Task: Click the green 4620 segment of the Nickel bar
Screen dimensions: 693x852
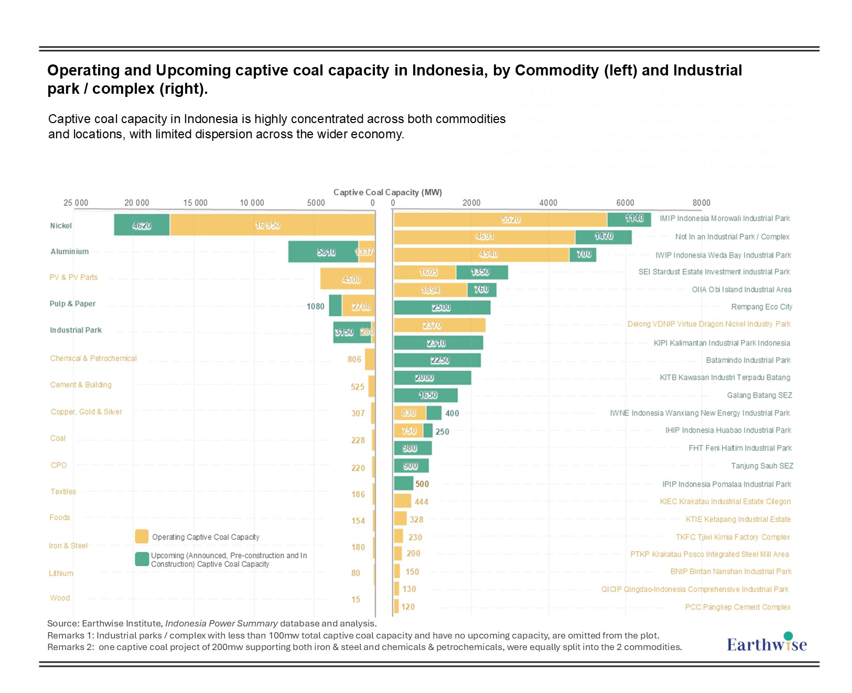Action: [x=142, y=225]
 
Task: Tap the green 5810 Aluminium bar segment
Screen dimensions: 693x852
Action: [x=323, y=252]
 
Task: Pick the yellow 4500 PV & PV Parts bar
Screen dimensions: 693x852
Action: [x=348, y=279]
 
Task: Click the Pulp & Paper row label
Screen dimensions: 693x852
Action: [x=72, y=304]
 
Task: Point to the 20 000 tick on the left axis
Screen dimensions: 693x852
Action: [x=136, y=203]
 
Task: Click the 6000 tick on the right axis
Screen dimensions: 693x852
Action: [x=625, y=203]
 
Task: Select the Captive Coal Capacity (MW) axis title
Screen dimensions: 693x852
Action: [x=387, y=192]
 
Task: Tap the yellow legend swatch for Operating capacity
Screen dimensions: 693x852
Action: [x=142, y=536]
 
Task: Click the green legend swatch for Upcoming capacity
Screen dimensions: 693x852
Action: [x=142, y=559]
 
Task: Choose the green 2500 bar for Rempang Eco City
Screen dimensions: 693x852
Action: [x=442, y=307]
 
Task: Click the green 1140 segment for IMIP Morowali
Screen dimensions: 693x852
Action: [x=629, y=219]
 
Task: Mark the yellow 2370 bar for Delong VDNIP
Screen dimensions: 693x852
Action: [x=439, y=325]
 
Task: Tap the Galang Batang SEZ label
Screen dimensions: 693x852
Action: [x=759, y=395]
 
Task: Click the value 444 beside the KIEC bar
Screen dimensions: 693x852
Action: [x=421, y=502]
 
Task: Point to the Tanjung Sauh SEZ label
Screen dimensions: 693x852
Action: [x=762, y=466]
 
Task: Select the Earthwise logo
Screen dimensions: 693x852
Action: [x=767, y=643]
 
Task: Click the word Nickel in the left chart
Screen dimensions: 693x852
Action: [x=61, y=226]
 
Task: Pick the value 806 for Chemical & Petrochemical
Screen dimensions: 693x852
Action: [x=354, y=359]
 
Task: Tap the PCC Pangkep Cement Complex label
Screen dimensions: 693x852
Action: [x=737, y=607]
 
